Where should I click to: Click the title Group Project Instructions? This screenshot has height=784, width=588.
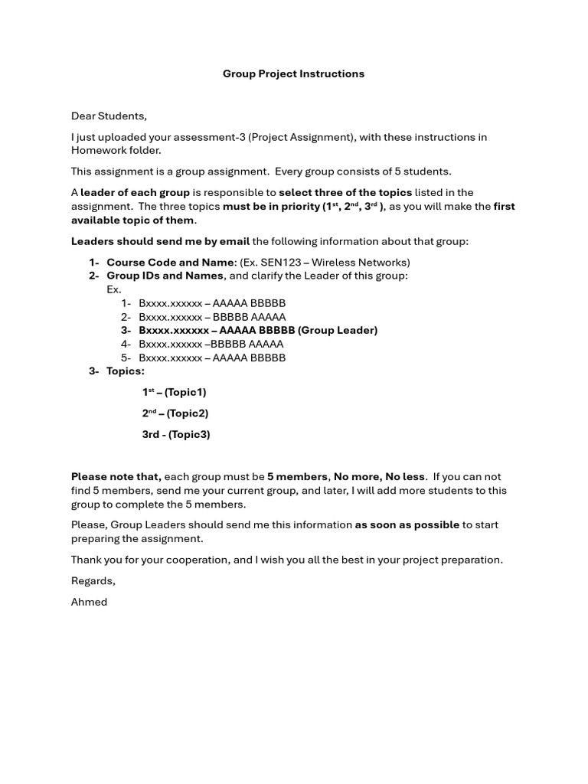click(x=293, y=74)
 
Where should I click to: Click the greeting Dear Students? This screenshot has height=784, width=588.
click(x=109, y=116)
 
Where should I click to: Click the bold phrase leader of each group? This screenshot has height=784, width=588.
click(x=135, y=193)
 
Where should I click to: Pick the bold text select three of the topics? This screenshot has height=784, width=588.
click(x=345, y=193)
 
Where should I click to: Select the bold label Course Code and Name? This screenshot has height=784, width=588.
click(x=170, y=263)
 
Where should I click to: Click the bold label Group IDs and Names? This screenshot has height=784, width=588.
click(x=165, y=276)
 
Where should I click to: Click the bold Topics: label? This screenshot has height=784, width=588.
click(x=126, y=371)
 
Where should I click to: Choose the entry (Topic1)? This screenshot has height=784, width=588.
click(x=185, y=393)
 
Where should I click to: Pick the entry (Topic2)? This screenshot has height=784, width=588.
click(x=187, y=413)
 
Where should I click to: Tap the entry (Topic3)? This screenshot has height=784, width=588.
click(x=189, y=435)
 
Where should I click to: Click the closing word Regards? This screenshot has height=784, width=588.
click(x=93, y=581)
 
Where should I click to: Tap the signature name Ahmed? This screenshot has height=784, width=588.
click(x=90, y=602)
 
